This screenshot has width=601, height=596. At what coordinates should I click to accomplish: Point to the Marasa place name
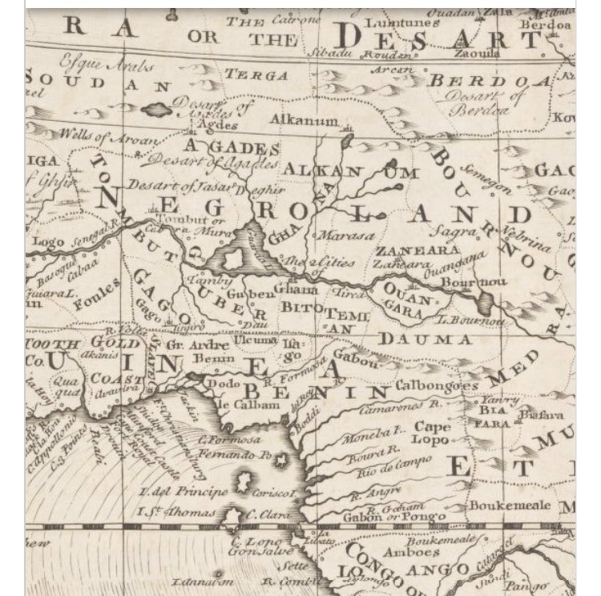(346, 236)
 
